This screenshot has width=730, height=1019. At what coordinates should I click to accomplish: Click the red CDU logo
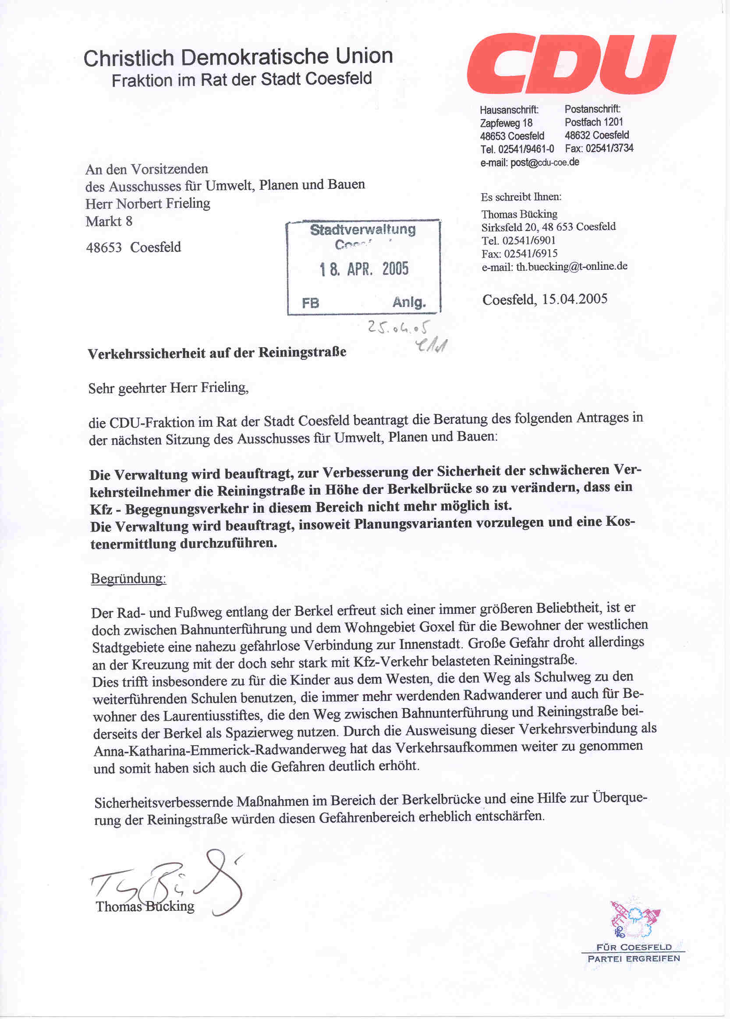click(x=571, y=64)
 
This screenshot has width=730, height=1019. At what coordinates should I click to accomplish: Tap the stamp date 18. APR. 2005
click(x=364, y=269)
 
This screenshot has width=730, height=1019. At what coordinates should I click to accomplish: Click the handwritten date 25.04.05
click(x=398, y=327)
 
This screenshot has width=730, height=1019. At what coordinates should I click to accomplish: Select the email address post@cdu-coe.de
click(x=544, y=162)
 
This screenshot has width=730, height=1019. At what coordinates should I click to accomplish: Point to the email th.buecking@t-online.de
click(x=571, y=266)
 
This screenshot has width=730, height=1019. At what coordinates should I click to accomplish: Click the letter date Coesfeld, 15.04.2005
click(x=544, y=299)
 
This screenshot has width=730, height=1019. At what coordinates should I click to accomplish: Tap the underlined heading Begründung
click(x=128, y=578)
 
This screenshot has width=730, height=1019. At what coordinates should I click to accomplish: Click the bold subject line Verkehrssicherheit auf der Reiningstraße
click(x=216, y=353)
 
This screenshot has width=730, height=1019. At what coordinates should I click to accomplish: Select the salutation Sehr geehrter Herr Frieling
click(x=168, y=388)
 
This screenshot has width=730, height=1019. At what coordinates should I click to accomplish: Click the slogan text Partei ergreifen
click(x=633, y=959)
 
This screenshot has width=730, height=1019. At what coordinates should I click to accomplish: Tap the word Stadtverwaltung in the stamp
click(x=363, y=230)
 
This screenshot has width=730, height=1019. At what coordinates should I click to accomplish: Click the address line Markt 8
click(x=109, y=222)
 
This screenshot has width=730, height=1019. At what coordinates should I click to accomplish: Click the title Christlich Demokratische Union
click(x=238, y=57)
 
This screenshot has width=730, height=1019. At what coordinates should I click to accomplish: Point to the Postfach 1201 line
click(x=593, y=122)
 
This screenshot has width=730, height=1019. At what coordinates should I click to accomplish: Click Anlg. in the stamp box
click(x=409, y=302)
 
